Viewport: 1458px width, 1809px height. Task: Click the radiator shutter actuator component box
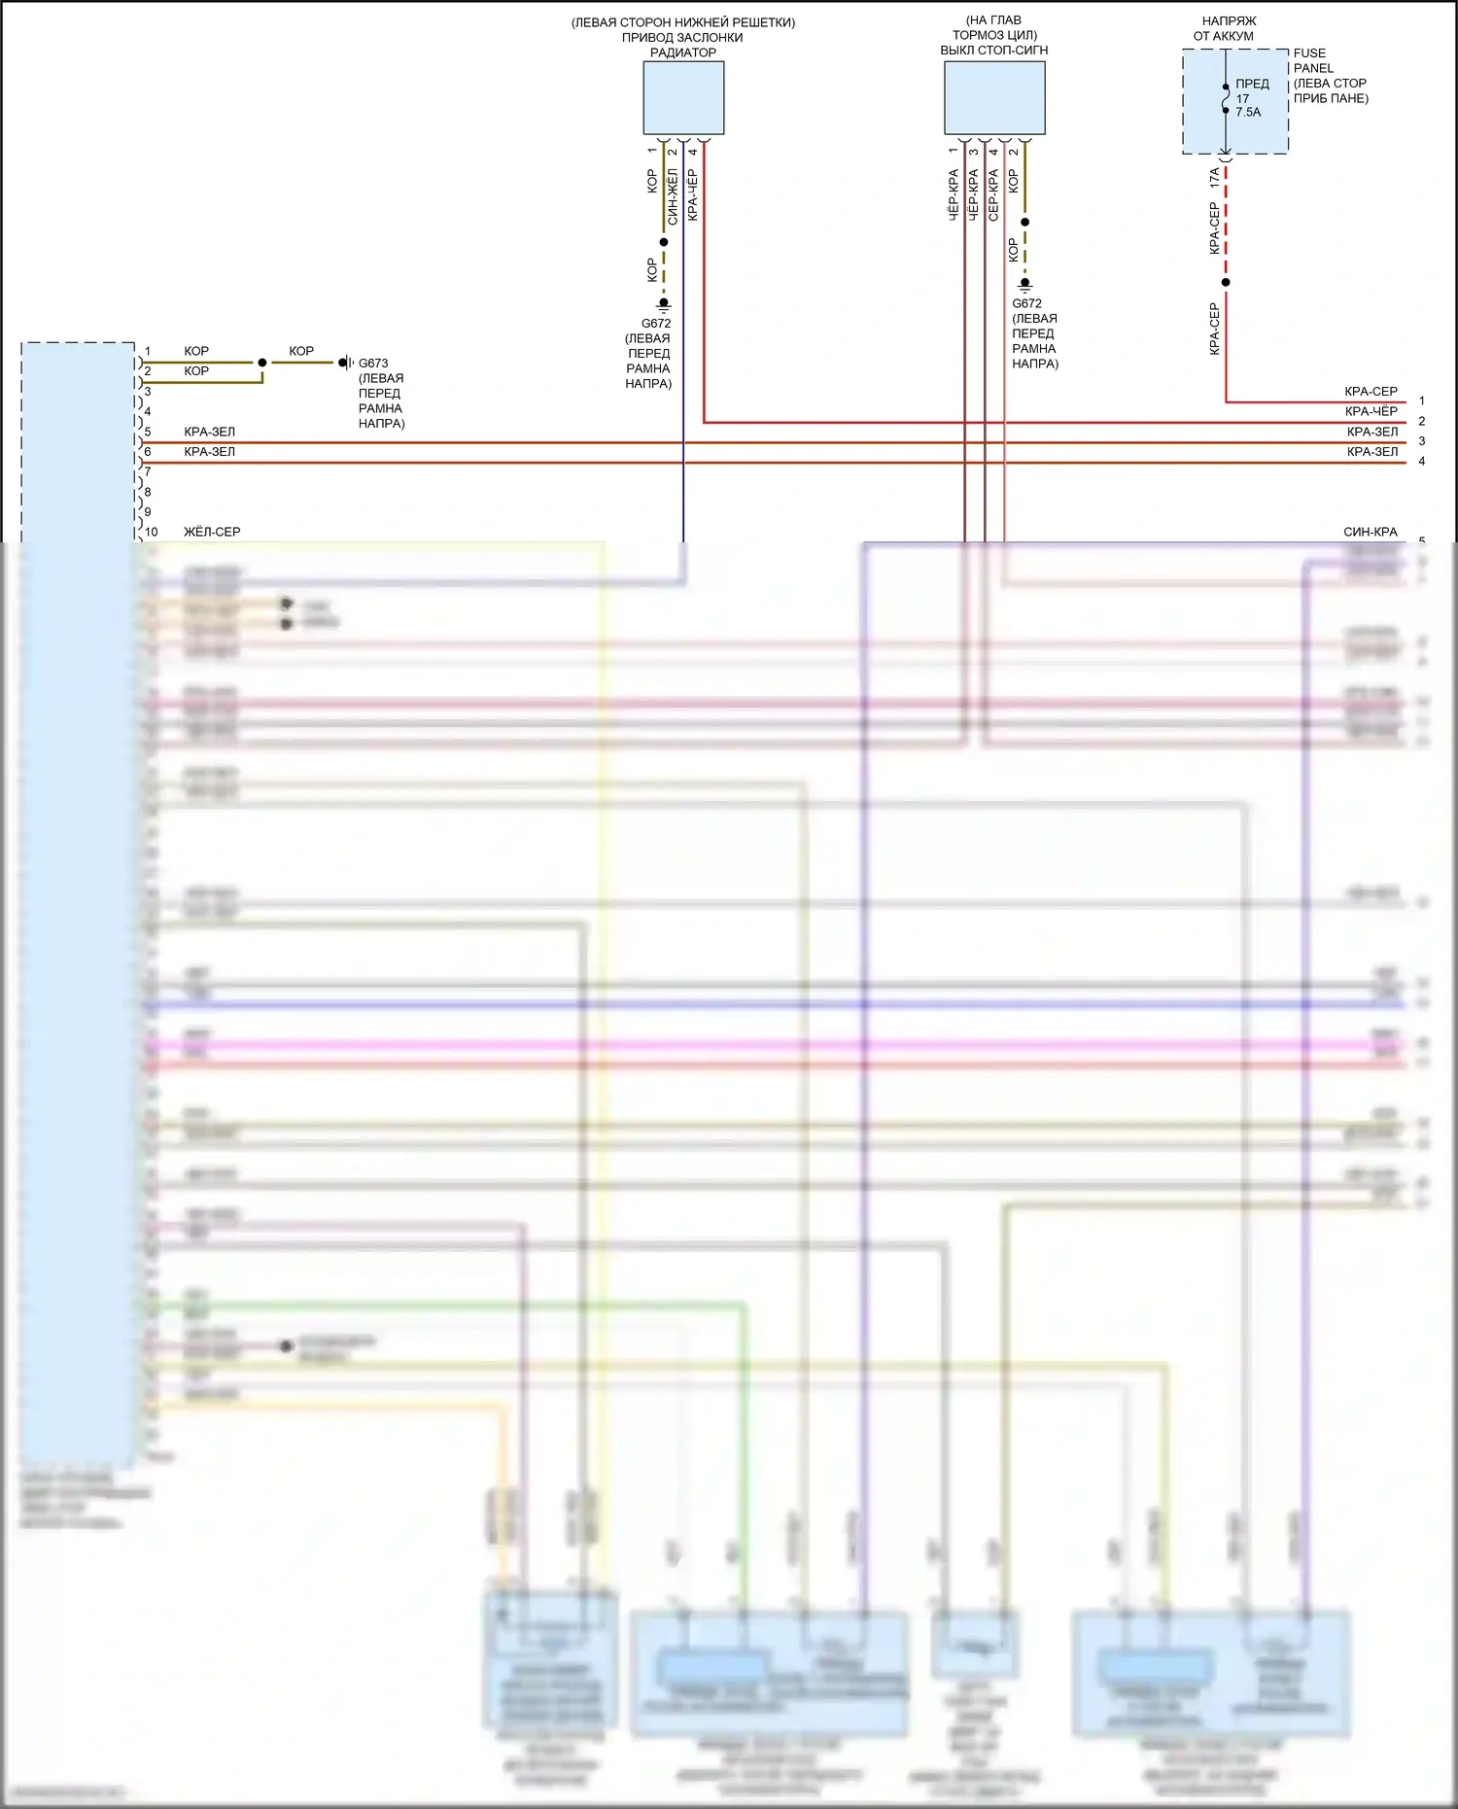point(683,97)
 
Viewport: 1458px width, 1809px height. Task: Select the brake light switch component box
point(994,97)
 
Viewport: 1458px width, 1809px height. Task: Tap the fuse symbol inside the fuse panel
point(1226,98)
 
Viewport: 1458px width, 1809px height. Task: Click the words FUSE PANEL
point(1312,60)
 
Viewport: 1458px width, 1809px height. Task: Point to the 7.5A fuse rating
point(1248,113)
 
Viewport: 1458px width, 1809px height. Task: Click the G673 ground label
point(373,364)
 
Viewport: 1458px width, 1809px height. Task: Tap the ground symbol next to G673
point(345,363)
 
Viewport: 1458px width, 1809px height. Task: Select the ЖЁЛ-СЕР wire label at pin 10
point(212,532)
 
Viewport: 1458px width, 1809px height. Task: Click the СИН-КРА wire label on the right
point(1371,532)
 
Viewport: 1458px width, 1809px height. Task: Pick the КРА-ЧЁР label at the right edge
point(1371,411)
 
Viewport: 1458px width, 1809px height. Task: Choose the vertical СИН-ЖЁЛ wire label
point(672,196)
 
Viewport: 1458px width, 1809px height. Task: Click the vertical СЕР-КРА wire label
point(993,195)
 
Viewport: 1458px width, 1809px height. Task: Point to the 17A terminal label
point(1214,178)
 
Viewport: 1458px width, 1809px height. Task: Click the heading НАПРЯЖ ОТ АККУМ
point(1227,28)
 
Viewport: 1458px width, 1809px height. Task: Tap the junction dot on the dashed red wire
point(1226,282)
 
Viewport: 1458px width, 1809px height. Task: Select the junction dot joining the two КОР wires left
point(262,363)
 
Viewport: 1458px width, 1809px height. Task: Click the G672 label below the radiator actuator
point(656,324)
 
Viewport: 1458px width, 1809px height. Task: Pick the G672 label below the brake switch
point(1027,303)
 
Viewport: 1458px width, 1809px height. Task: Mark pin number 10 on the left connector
point(152,532)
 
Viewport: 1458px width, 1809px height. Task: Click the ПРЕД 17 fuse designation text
point(1251,90)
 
